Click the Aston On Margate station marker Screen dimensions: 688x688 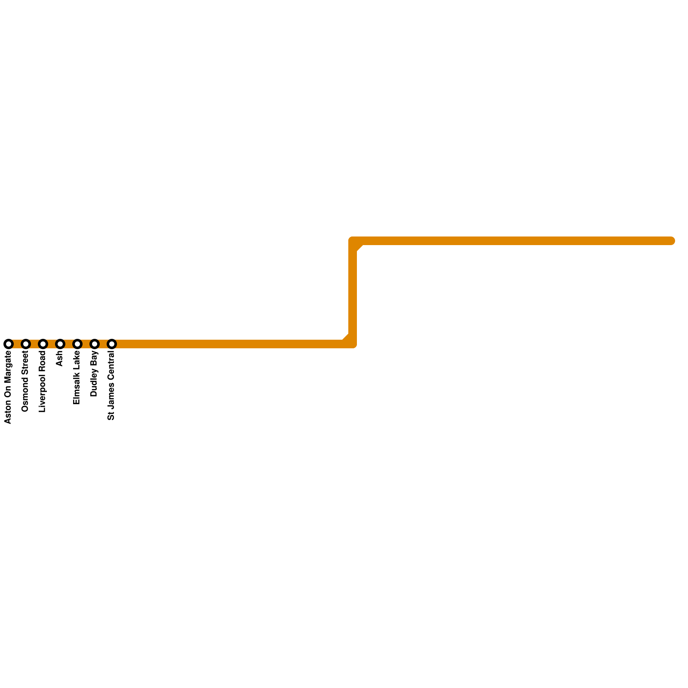9,344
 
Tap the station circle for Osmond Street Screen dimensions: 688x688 26,344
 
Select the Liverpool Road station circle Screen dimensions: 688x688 43,344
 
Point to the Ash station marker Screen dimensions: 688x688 60,344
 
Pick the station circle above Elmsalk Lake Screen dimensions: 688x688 77,344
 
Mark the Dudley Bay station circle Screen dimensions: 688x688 95,344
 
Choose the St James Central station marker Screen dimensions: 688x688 112,344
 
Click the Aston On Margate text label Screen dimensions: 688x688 8,387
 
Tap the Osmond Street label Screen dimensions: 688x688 25,381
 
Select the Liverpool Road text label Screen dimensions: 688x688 43,381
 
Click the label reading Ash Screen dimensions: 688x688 60,359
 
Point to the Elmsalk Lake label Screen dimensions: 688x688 77,378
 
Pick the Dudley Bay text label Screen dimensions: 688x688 94,374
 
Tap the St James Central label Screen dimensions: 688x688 111,385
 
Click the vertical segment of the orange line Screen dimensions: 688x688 353,292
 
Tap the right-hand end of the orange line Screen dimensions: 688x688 671,241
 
